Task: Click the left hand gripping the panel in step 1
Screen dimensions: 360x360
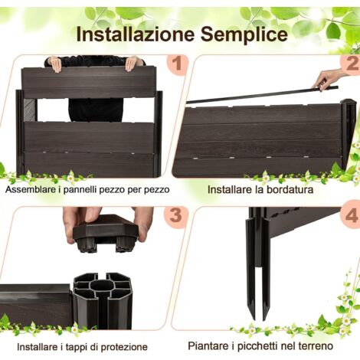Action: (54, 64)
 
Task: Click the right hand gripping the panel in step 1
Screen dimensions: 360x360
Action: (133, 63)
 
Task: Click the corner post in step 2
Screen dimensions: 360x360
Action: (349, 134)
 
